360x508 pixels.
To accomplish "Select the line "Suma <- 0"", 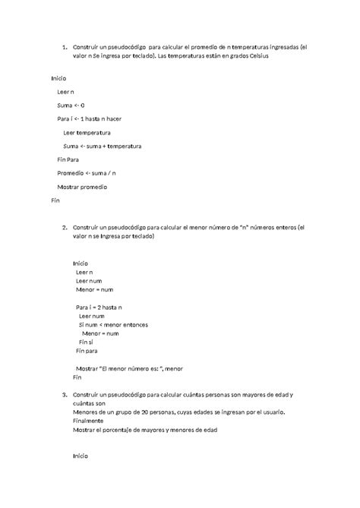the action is click(71, 105).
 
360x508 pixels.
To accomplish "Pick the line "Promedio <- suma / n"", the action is click(87, 173).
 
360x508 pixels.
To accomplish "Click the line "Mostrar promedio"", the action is click(82, 187).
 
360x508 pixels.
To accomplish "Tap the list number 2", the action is click(64, 227).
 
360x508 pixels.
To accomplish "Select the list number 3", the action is click(64, 396).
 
